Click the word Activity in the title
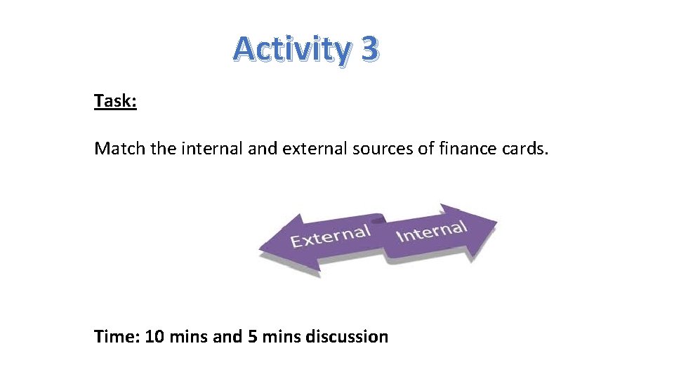(291, 49)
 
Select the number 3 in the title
(371, 49)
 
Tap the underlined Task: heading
(115, 101)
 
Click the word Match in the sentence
(116, 149)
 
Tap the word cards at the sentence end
(525, 149)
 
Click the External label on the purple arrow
(330, 237)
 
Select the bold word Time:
(117, 337)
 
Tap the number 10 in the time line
(156, 337)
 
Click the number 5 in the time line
(252, 337)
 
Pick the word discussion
(347, 337)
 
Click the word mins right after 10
(188, 337)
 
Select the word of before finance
(425, 149)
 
